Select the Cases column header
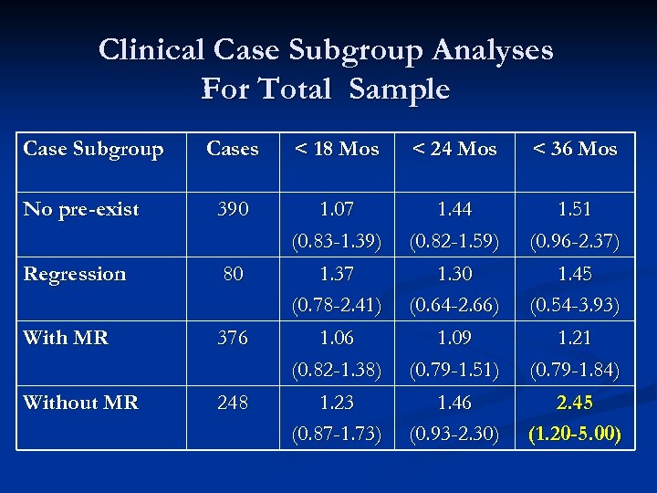[x=233, y=149]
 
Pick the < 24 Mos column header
[x=455, y=149]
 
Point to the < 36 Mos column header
[x=576, y=149]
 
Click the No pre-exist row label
[x=81, y=209]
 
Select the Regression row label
[x=75, y=274]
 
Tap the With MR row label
[x=66, y=338]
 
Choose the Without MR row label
[x=81, y=402]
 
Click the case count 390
[x=233, y=209]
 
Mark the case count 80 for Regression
[x=233, y=274]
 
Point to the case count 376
[x=233, y=338]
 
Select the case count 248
[x=233, y=402]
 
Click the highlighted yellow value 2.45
[x=576, y=402]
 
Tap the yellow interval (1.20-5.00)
[x=576, y=434]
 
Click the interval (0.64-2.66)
[x=455, y=305]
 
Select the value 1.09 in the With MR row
[x=455, y=338]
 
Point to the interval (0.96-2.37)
[x=576, y=241]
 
